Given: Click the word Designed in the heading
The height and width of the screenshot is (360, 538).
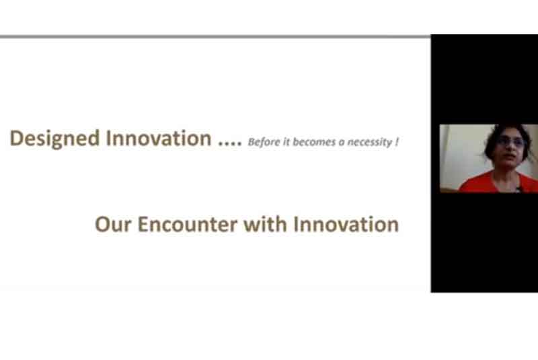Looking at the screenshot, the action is pos(55,139).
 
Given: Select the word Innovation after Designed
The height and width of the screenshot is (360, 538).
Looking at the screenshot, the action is pos(159,138).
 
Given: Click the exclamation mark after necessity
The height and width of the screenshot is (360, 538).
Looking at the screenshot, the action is pos(397,142).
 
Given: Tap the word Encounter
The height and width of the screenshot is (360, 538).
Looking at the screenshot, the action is pos(188,225).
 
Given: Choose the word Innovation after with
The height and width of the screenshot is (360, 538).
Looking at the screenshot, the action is pos(346,224).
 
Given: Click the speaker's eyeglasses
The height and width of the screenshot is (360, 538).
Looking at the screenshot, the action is pos(510,142).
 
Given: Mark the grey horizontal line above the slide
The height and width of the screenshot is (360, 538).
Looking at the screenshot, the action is pos(215,36).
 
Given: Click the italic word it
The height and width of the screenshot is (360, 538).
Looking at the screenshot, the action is pos(286,142).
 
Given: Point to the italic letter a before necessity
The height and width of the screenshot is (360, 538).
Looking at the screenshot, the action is pos(341,143).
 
